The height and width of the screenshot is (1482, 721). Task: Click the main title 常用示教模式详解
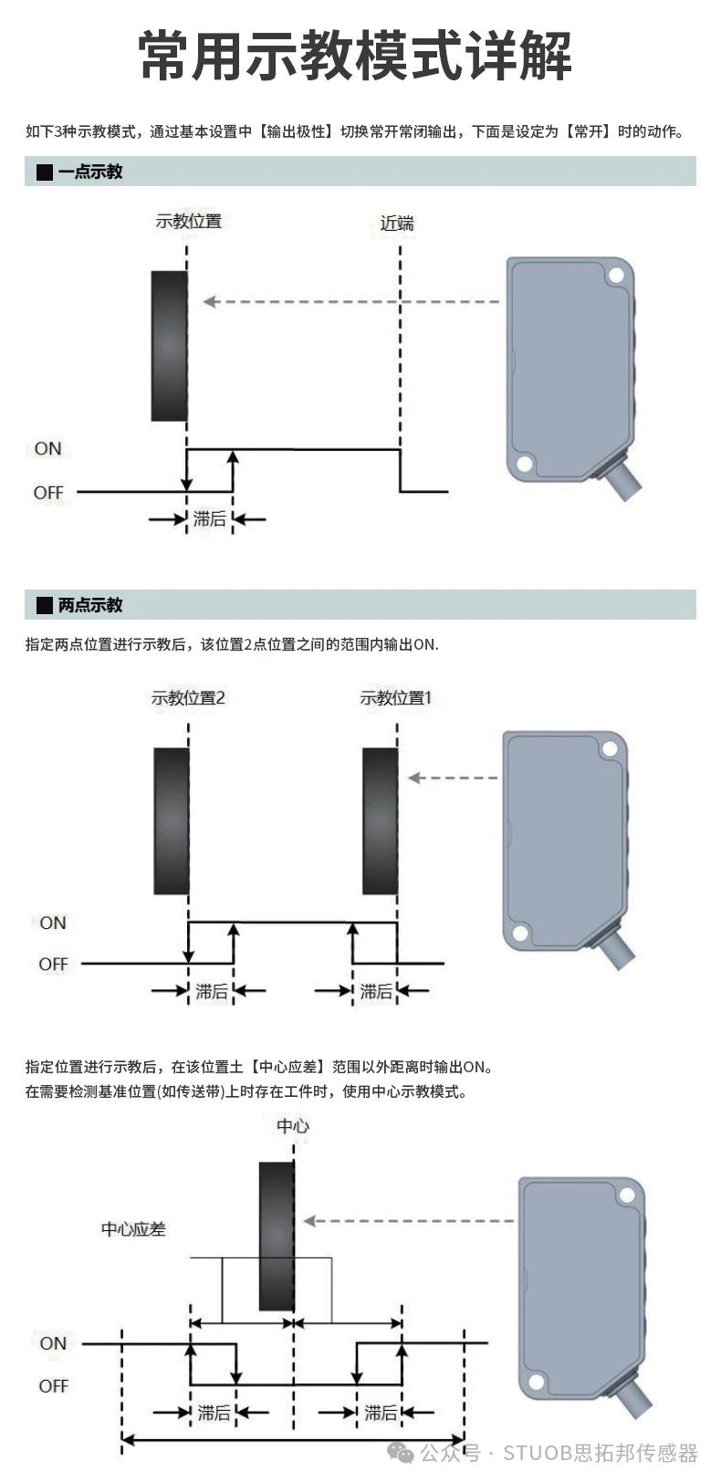(x=356, y=57)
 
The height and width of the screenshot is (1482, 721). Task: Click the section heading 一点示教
(x=89, y=172)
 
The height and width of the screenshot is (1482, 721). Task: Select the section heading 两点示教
(x=89, y=605)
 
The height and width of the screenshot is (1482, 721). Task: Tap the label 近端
(x=397, y=223)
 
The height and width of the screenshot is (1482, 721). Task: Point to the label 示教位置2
(x=188, y=698)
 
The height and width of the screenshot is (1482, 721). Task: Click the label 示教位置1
(x=395, y=698)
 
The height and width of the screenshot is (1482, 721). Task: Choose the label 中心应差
(x=133, y=1229)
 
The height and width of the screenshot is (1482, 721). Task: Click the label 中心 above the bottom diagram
(x=293, y=1126)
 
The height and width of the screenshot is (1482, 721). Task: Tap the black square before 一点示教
(x=44, y=172)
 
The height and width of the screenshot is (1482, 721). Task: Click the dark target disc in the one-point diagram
(x=169, y=346)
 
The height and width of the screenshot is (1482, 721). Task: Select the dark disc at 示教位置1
(x=380, y=821)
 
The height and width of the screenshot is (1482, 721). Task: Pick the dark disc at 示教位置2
(x=172, y=821)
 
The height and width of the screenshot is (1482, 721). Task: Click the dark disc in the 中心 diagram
(x=277, y=1236)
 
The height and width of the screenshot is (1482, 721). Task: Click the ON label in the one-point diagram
(x=48, y=449)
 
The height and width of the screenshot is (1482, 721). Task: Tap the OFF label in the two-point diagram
(x=53, y=964)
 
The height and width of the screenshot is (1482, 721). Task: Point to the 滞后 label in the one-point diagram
(x=210, y=519)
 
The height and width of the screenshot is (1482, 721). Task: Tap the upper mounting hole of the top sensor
(x=617, y=276)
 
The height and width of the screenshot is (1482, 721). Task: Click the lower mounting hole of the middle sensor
(x=521, y=933)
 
